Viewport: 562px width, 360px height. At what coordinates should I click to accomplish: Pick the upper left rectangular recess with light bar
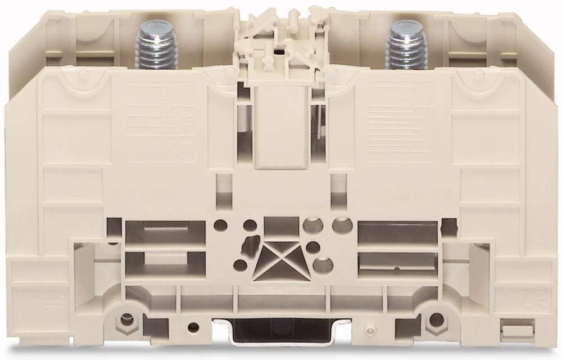pos(157,231)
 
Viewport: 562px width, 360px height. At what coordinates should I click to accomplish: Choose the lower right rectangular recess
pos(397,260)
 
